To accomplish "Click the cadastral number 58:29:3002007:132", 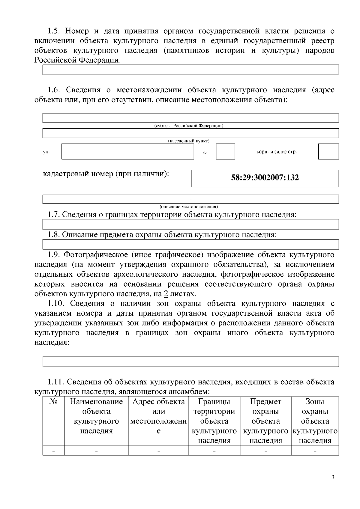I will (x=265, y=178).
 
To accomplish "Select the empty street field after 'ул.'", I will (x=127, y=151).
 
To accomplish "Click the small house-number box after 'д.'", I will (x=225, y=151).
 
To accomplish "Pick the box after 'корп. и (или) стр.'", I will (x=328, y=151).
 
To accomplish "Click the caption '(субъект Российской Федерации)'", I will (x=189, y=126).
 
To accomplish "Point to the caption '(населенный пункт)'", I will (x=189, y=141).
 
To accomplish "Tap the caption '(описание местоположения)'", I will (x=189, y=207).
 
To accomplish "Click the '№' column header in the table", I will (x=53, y=402).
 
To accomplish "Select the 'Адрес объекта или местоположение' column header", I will (x=159, y=416).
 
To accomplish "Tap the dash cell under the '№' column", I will (x=53, y=451).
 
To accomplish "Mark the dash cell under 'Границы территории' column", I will (x=214, y=451).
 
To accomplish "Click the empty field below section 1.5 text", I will (x=190, y=70).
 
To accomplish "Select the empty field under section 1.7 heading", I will (x=190, y=224).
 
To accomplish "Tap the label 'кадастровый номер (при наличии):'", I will (x=106, y=174).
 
